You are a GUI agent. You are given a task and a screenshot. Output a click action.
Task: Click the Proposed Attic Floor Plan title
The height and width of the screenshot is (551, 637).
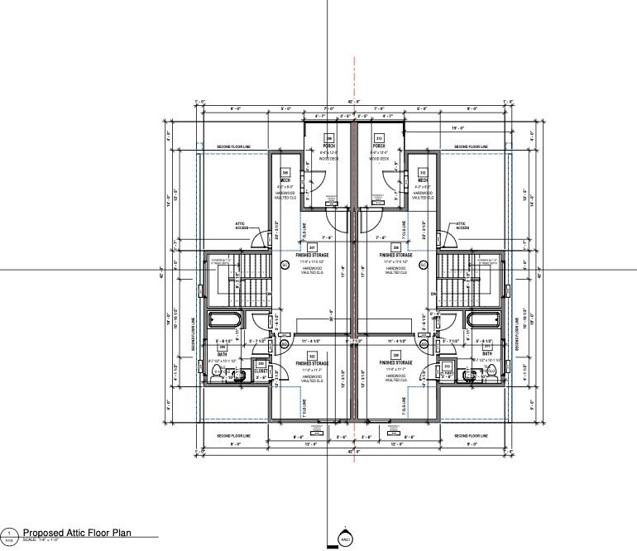tap(79, 534)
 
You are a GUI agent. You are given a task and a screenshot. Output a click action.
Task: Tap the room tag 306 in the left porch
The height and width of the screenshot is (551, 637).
tap(328, 138)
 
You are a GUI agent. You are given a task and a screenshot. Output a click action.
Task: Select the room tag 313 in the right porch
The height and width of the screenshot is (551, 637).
tap(380, 138)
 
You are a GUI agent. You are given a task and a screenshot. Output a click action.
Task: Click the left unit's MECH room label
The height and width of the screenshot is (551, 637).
tap(285, 180)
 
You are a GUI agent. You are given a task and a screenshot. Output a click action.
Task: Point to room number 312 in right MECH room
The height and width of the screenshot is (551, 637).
tap(422, 173)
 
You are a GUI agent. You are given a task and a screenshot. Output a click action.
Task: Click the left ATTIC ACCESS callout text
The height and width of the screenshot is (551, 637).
tap(242, 224)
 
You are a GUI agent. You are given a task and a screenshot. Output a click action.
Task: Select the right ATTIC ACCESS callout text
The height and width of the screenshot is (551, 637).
tap(463, 224)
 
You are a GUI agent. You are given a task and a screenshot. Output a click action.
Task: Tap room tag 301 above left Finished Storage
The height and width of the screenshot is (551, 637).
tap(313, 247)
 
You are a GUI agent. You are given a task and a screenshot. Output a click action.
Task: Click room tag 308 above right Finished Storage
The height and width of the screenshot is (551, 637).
tap(395, 247)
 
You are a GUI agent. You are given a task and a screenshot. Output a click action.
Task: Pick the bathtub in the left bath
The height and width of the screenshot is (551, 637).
tap(223, 320)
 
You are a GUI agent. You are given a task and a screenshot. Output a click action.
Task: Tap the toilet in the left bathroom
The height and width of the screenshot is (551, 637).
tap(218, 375)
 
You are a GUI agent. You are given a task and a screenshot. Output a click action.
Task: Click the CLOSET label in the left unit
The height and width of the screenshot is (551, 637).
tap(261, 371)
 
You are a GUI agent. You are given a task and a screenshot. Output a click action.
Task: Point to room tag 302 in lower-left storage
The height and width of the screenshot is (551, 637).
tap(313, 355)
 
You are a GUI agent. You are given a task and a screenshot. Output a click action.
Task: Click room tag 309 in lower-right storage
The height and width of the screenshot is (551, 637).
tap(395, 355)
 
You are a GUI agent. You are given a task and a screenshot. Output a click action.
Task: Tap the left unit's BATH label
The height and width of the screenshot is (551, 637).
tap(222, 354)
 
